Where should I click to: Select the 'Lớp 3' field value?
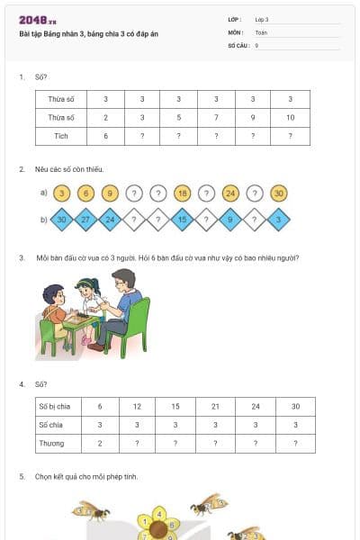pos(262,19)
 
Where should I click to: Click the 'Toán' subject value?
pos(261,31)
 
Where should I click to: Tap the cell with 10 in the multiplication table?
pos(289,117)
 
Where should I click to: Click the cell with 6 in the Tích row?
pos(105,136)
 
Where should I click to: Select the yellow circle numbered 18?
pos(183,193)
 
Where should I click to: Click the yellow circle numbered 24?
pos(230,193)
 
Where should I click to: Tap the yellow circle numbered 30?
pos(279,193)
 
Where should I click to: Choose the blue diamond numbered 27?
pos(85,219)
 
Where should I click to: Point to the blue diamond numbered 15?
pos(183,219)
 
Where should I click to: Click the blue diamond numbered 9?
pos(230,219)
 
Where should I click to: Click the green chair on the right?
pos(134,325)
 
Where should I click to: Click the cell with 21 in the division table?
pos(215,406)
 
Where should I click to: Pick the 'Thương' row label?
pos(51,444)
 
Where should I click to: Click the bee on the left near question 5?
pos(92,511)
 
